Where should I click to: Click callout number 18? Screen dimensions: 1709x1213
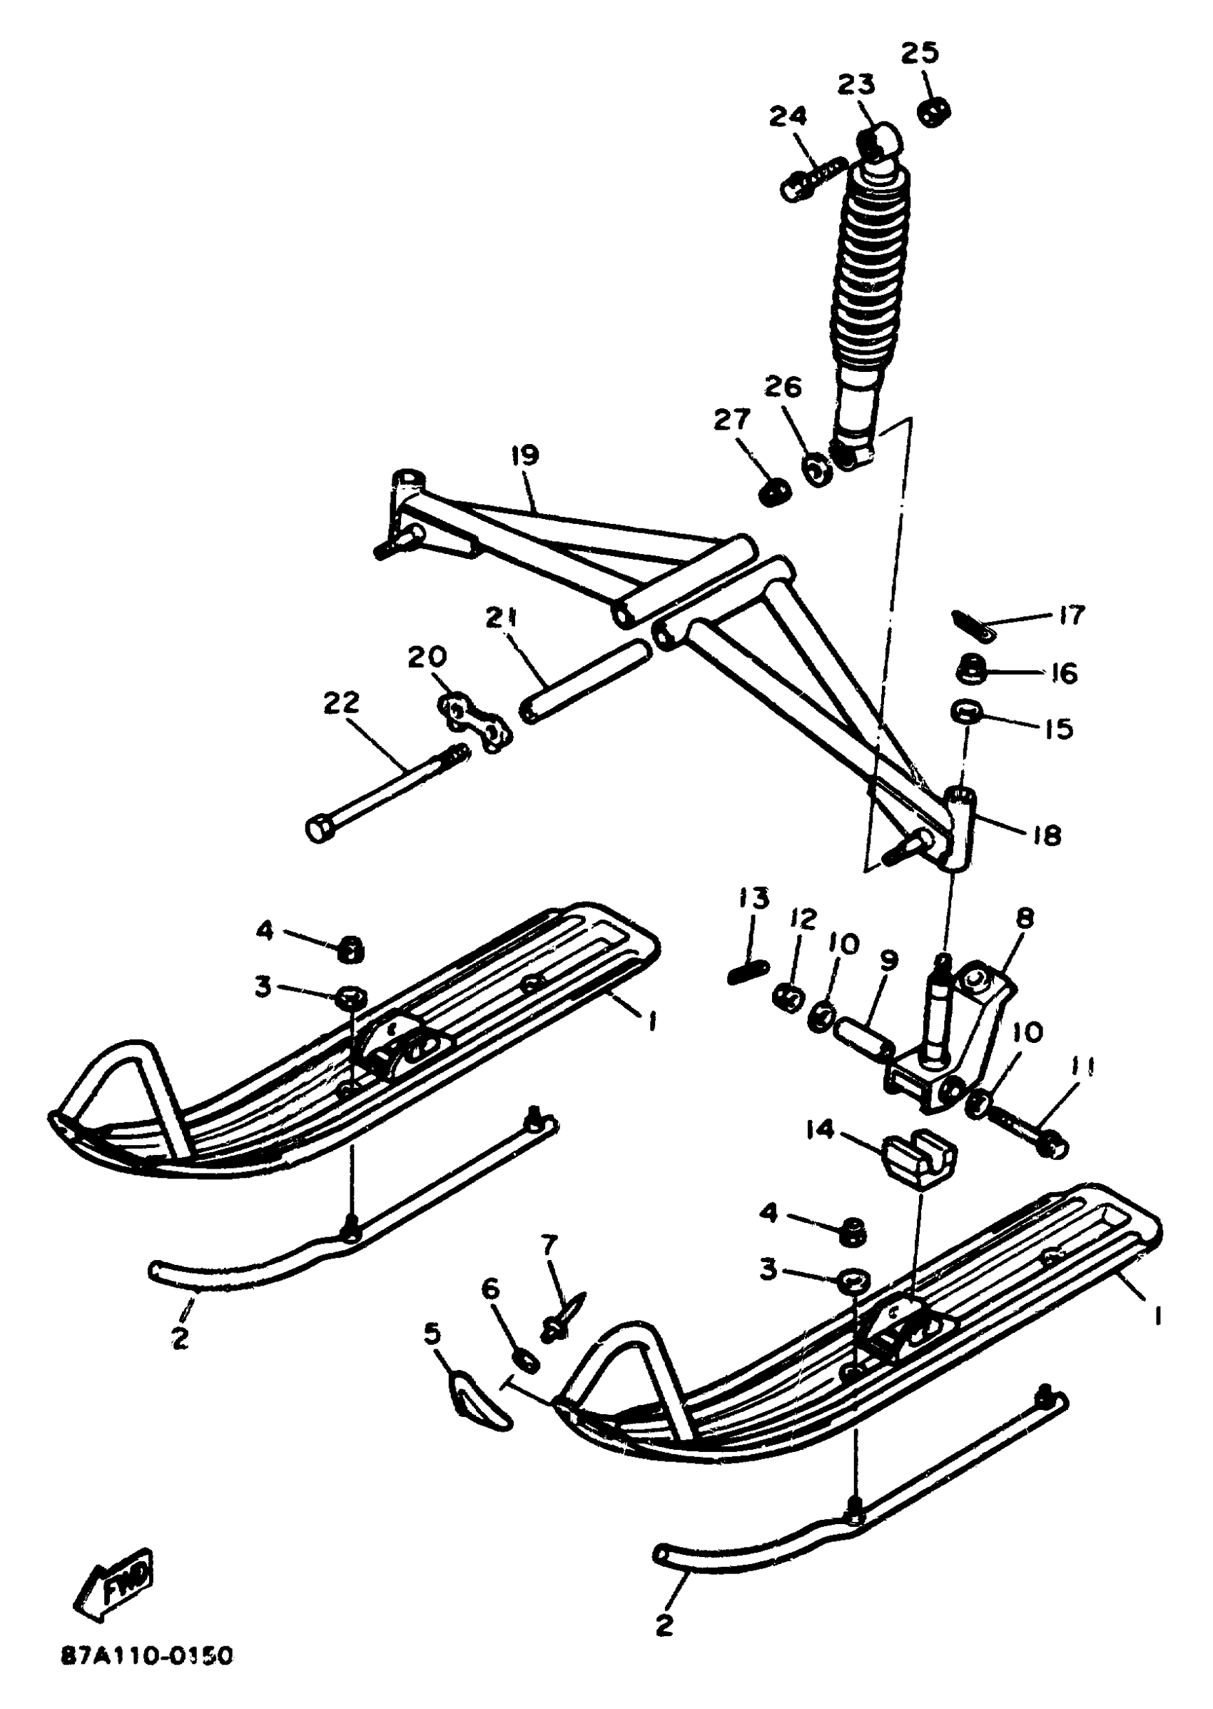tap(1047, 835)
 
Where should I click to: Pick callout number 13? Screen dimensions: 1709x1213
tap(753, 897)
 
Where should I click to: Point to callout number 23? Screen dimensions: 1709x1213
tap(856, 85)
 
